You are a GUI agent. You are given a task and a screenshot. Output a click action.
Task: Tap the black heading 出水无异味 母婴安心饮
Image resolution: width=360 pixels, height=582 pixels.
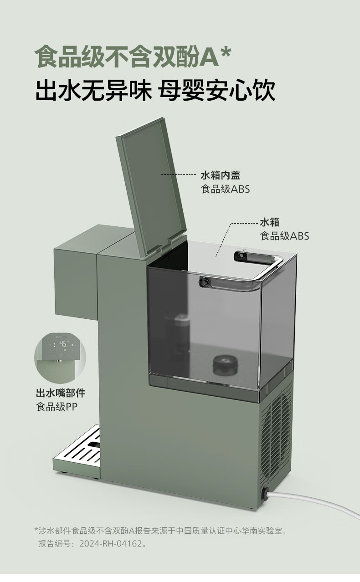(155, 90)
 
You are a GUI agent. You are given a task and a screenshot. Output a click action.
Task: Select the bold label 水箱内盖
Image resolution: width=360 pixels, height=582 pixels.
(221, 175)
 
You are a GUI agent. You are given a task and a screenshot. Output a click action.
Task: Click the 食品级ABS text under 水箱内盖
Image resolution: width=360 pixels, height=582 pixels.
(226, 189)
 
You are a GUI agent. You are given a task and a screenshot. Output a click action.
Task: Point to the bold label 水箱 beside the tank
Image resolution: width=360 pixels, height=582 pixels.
(269, 223)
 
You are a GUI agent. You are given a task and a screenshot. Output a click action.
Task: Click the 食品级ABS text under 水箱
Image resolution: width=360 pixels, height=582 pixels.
(284, 236)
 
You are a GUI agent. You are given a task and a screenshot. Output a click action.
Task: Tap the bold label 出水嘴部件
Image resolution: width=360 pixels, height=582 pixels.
(61, 393)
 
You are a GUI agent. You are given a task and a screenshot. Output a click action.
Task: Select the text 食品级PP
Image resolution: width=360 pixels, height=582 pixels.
(57, 407)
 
